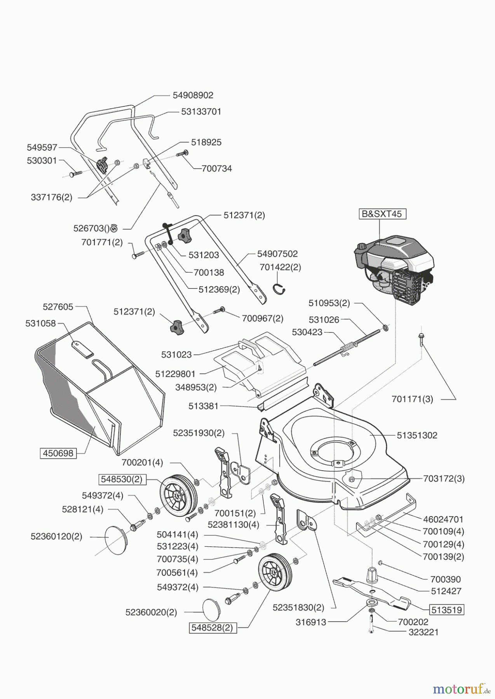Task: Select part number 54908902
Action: pyautogui.click(x=193, y=95)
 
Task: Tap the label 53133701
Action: pyautogui.click(x=201, y=111)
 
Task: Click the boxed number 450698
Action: pyautogui.click(x=58, y=453)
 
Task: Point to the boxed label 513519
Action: pyautogui.click(x=446, y=610)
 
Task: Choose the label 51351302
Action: pyautogui.click(x=417, y=435)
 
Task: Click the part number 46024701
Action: pyautogui.click(x=443, y=519)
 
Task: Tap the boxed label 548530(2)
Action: pyautogui.click(x=122, y=479)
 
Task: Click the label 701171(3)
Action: pyautogui.click(x=412, y=399)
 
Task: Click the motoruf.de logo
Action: pyautogui.click(x=460, y=689)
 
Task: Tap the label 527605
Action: pyautogui.click(x=58, y=307)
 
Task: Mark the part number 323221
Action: pyautogui.click(x=423, y=632)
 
